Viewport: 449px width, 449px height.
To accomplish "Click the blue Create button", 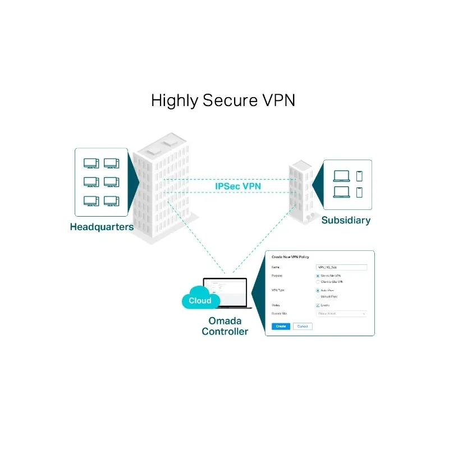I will coord(281,326).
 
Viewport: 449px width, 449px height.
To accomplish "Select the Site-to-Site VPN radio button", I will coord(318,276).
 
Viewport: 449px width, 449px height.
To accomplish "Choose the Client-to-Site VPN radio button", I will coord(318,282).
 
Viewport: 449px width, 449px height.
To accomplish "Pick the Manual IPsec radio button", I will coord(318,296).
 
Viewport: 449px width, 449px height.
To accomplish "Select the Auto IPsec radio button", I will coord(318,290).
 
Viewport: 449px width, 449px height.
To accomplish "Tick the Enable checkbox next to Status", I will coord(318,305).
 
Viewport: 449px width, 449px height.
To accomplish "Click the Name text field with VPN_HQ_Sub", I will coord(341,268).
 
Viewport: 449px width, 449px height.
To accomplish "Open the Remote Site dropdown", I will coord(341,314).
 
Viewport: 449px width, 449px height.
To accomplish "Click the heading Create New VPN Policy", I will coord(291,256).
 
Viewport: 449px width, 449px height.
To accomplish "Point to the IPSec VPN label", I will coord(237,186).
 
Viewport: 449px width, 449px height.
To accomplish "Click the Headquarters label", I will coord(102,227).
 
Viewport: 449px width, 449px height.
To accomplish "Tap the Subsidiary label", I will coord(346,221).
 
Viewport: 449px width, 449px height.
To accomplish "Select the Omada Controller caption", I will coord(225,326).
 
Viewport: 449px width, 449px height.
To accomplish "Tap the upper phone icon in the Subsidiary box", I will coord(359,176).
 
